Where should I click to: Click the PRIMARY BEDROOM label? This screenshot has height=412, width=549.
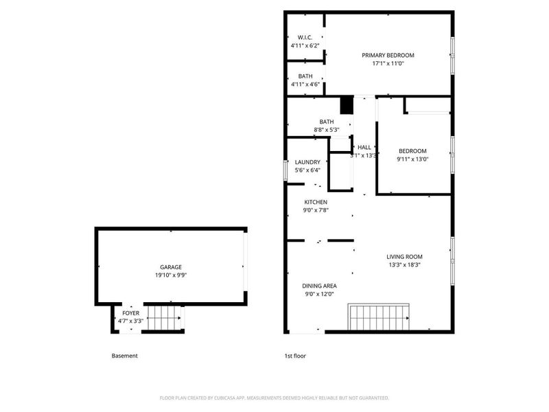coord(388,56)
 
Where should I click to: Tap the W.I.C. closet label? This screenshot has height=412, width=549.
coord(305,37)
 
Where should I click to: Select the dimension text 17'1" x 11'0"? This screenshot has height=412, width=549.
coord(388,64)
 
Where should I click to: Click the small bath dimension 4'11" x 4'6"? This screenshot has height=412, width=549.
coord(305,84)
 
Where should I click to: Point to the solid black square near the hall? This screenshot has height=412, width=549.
coord(347,106)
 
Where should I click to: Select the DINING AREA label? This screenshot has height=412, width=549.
coord(319,286)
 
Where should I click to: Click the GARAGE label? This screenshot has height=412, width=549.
coord(171,267)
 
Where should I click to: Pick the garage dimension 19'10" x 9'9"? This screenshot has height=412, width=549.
coord(171,275)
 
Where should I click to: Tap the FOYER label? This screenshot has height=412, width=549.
coord(130,312)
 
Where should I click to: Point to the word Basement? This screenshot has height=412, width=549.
coord(124,356)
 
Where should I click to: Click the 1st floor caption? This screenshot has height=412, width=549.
coord(296,356)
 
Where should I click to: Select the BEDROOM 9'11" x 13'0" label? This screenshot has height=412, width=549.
coord(412,155)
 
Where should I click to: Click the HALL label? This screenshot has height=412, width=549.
coord(364,147)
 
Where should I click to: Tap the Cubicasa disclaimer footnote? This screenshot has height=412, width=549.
coord(274,398)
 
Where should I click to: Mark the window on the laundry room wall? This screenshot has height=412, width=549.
coord(285,170)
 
